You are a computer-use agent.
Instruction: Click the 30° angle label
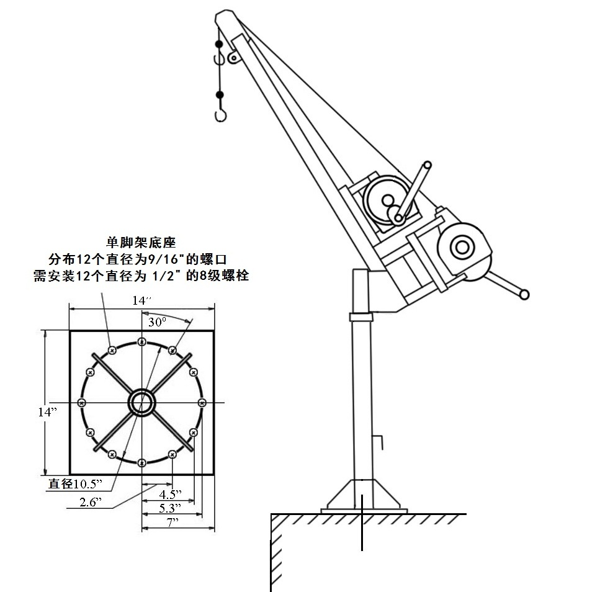(x=158, y=322)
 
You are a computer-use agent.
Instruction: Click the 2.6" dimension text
(x=91, y=502)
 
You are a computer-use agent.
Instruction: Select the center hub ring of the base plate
(x=141, y=402)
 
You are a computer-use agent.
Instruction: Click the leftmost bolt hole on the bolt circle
(x=81, y=402)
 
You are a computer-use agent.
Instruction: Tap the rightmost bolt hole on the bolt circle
(x=202, y=402)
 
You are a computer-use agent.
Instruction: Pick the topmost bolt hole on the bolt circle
(x=142, y=342)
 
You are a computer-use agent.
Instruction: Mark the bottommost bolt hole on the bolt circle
(x=142, y=462)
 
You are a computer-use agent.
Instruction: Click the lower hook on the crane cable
(x=219, y=115)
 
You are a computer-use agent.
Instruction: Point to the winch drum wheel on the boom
(x=383, y=199)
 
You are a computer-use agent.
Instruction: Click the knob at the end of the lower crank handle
(x=526, y=294)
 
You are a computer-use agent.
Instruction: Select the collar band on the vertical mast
(x=360, y=317)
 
